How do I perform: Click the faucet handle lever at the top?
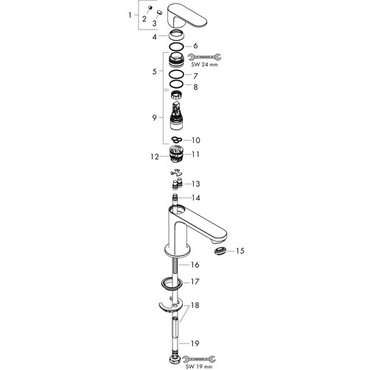pyautogui.click(x=187, y=17)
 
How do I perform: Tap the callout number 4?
pyautogui.click(x=155, y=37)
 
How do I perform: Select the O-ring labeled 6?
pyautogui.click(x=176, y=46)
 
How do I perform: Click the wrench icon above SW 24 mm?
pyautogui.click(x=204, y=57)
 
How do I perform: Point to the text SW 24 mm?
pyautogui.click(x=204, y=65)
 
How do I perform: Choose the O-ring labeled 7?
pyautogui.click(x=176, y=74)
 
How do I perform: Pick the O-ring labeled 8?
pyautogui.click(x=176, y=84)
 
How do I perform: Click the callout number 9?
pyautogui.click(x=155, y=118)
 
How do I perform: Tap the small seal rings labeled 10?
pyautogui.click(x=177, y=140)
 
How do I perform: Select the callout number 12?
pyautogui.click(x=155, y=157)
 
